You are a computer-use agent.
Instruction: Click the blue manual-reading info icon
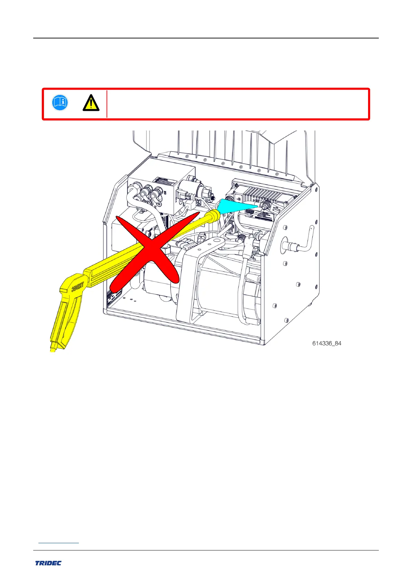point(60,103)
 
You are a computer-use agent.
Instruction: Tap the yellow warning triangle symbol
point(91,103)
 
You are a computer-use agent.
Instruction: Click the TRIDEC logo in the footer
point(48,563)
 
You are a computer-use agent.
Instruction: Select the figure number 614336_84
point(327,343)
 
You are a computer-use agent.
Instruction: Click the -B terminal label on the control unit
point(238,199)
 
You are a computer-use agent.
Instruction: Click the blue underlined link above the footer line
point(58,543)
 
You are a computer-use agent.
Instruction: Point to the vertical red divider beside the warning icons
point(107,104)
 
